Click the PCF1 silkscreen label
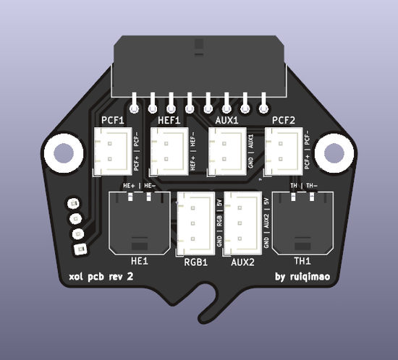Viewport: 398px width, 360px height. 114,120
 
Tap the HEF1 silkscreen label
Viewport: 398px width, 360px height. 169,120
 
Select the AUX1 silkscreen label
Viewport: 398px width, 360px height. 227,120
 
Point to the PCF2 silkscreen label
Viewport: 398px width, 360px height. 284,120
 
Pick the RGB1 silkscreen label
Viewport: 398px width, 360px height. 195,262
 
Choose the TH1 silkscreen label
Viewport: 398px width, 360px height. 302,261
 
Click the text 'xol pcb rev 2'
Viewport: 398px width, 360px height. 101,277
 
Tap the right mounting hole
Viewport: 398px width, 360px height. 334,153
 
